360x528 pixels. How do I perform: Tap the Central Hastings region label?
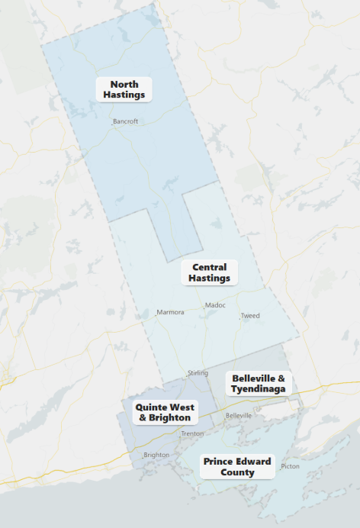pos(210,272)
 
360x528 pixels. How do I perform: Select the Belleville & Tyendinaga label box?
pos(259,383)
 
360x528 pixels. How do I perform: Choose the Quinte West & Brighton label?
pos(165,412)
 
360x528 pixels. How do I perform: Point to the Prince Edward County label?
pos(237,466)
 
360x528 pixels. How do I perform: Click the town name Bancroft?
pos(125,121)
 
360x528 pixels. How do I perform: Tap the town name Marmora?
pos(170,313)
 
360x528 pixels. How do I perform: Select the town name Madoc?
pos(216,306)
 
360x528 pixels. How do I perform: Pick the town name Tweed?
pos(250,316)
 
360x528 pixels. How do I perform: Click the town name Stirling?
pos(198,373)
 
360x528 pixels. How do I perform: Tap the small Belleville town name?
pos(238,416)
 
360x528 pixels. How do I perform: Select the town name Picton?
pos(290,466)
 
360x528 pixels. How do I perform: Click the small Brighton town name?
pos(156,455)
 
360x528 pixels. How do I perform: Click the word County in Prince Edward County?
pos(237,472)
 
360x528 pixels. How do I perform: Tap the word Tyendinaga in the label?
pos(259,389)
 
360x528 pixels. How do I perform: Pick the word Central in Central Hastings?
pos(210,267)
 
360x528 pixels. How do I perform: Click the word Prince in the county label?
pos(219,461)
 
